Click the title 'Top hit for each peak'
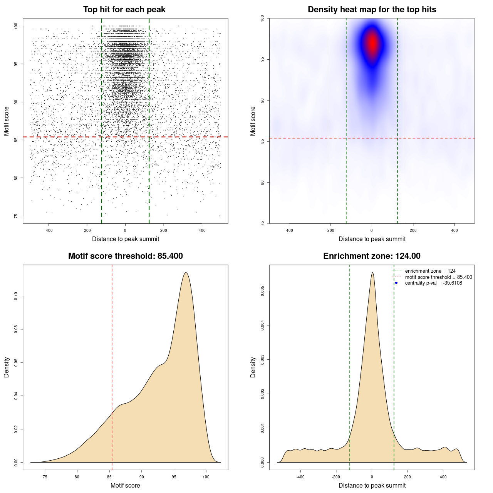(x=124, y=10)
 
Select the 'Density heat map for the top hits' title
(x=372, y=10)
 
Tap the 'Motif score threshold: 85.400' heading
(x=125, y=256)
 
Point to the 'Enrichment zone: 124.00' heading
(x=372, y=256)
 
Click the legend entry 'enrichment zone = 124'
(x=430, y=271)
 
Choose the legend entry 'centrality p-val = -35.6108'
(x=433, y=283)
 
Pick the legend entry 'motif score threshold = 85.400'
(x=438, y=277)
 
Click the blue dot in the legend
(x=396, y=283)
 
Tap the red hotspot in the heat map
(x=372, y=43)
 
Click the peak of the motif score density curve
(x=186, y=273)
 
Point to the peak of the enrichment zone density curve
(x=372, y=273)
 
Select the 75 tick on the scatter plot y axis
(x=16, y=216)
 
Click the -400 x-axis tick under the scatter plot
(x=49, y=230)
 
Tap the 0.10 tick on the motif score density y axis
(x=16, y=296)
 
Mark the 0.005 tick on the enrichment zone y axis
(x=263, y=292)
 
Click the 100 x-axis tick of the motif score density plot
(x=206, y=477)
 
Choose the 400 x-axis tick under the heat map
(x=454, y=230)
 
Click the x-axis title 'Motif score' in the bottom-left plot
(x=125, y=485)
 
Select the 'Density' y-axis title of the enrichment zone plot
(x=253, y=367)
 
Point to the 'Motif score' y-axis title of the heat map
(x=253, y=121)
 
